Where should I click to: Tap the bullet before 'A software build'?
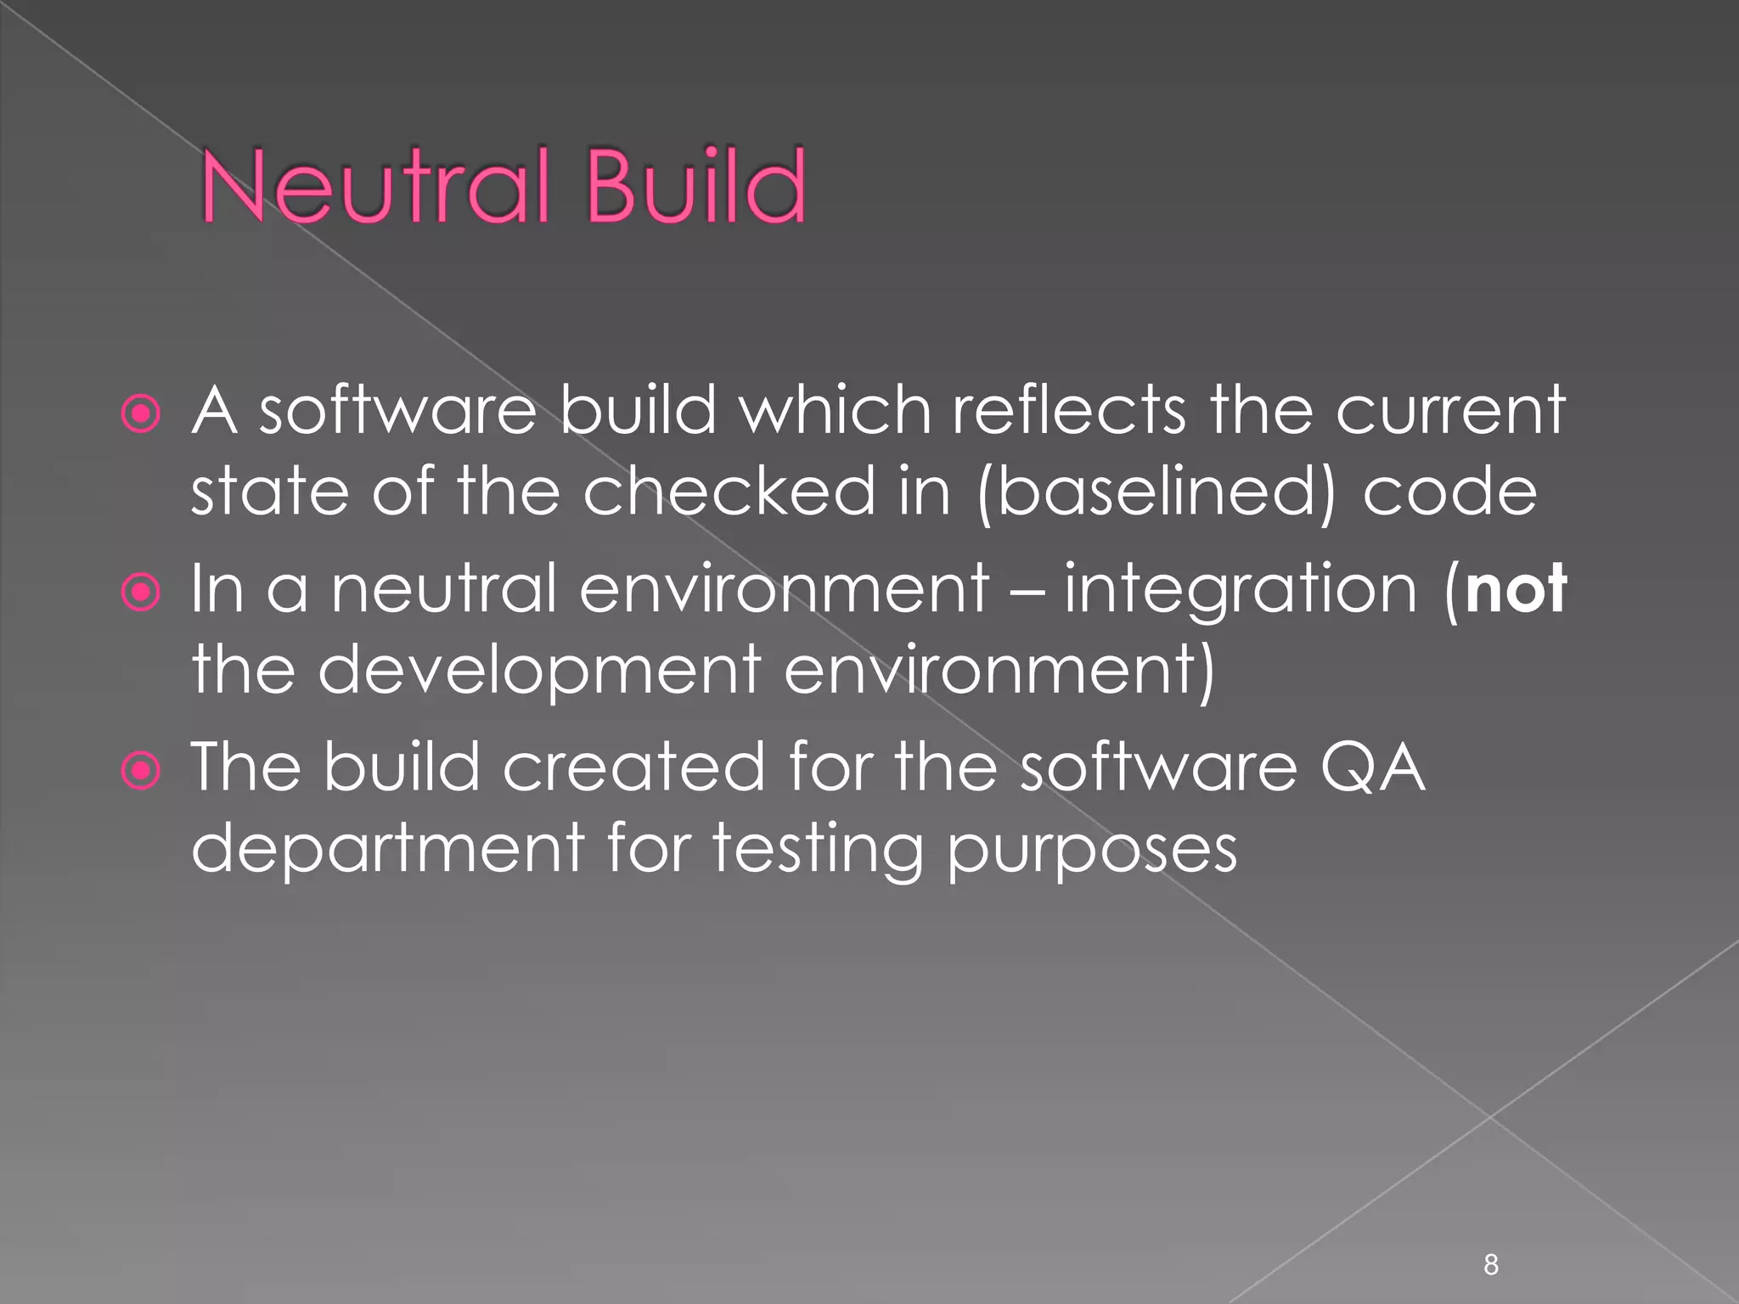(141, 414)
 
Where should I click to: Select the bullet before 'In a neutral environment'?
(141, 592)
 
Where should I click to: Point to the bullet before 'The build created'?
(141, 771)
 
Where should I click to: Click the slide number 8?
(1491, 1265)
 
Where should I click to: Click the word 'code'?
(1449, 492)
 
